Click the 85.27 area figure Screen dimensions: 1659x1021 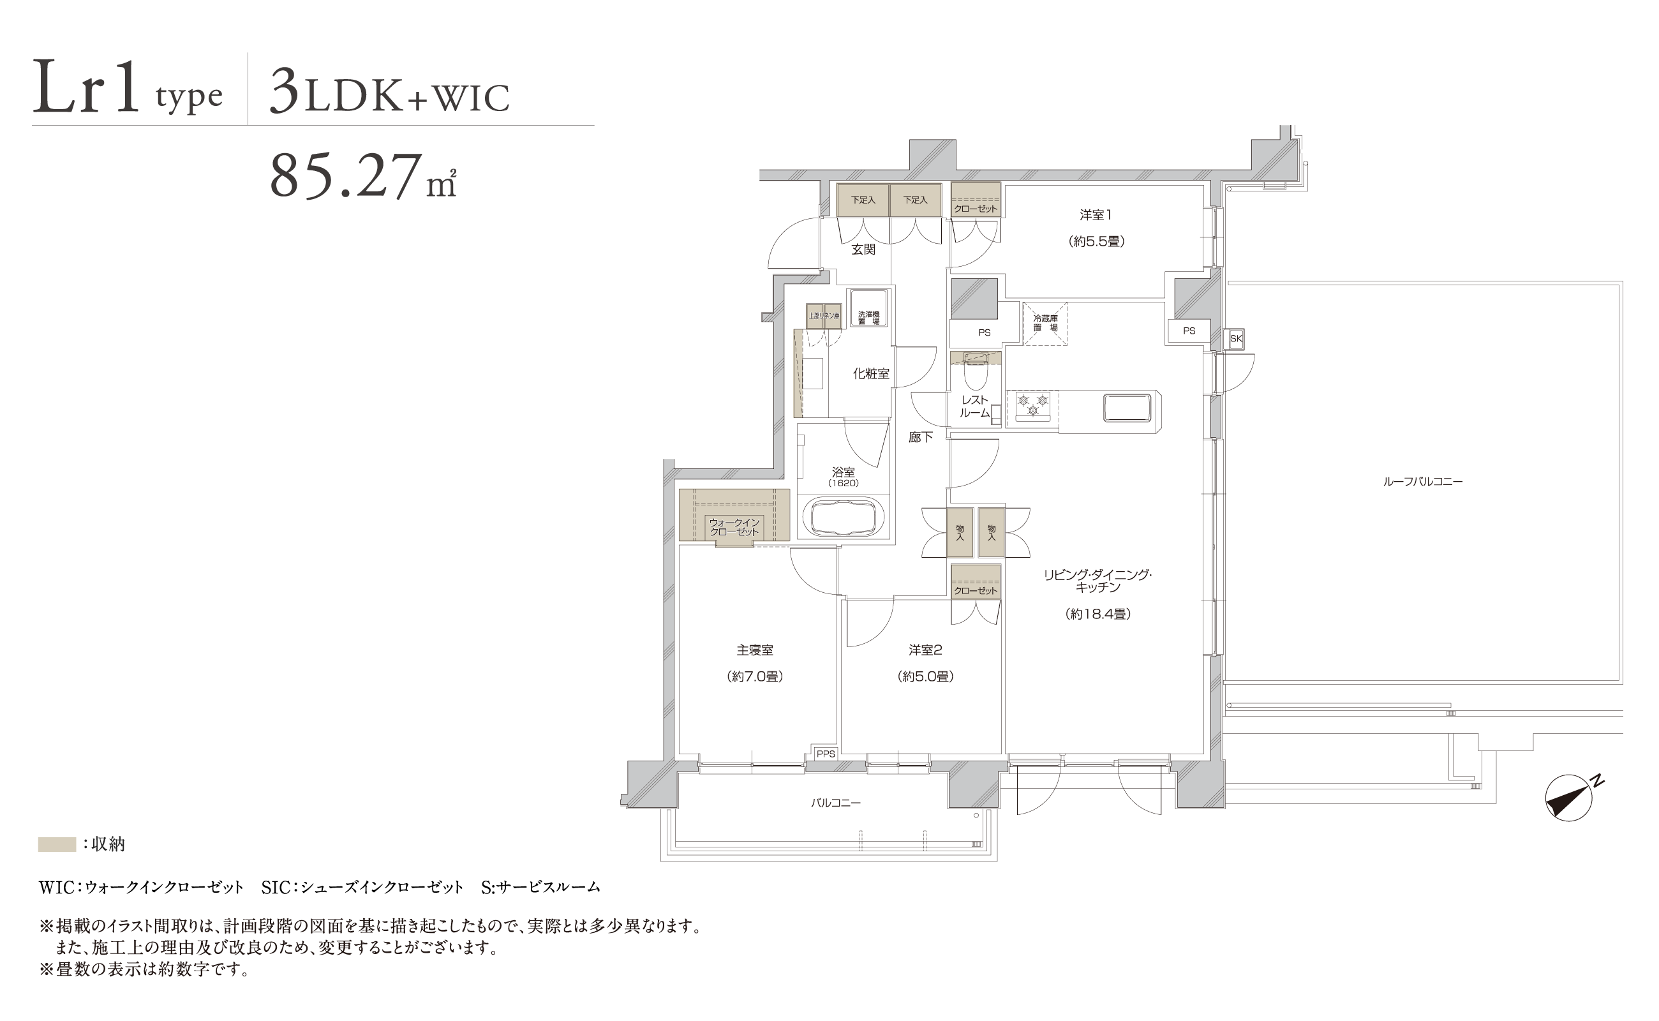(363, 175)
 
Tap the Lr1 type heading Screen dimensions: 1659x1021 (128, 87)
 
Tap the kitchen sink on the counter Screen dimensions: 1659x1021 (1127, 407)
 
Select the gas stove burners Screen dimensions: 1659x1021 (1032, 405)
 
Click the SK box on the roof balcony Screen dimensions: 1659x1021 (1236, 338)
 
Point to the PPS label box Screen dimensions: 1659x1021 (825, 754)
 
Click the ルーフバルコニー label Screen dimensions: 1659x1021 (1423, 481)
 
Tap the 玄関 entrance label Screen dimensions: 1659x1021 (863, 249)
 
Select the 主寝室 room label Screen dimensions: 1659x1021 (755, 650)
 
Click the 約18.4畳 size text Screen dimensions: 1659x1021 (1098, 614)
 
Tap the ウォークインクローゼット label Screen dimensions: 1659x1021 (734, 526)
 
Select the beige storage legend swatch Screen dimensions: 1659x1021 (57, 844)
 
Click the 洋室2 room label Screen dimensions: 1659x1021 (925, 650)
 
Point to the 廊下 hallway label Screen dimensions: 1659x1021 (920, 437)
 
